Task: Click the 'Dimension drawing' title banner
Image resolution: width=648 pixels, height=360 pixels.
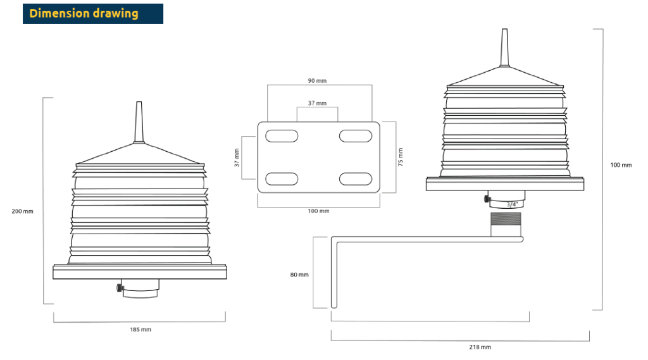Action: pos(93,14)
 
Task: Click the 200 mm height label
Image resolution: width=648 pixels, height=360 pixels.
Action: pos(22,211)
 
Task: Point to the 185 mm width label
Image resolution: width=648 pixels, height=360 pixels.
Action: pos(140,330)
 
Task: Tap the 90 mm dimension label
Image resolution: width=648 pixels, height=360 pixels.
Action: pos(317,80)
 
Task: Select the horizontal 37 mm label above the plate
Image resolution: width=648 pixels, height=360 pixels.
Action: pos(317,103)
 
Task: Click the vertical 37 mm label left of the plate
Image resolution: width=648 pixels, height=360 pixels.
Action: pos(237,158)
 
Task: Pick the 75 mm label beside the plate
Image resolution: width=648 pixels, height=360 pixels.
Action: pos(400,157)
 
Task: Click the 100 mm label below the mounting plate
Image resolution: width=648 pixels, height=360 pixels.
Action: pos(319,211)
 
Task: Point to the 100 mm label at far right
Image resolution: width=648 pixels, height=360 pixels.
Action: pos(621,165)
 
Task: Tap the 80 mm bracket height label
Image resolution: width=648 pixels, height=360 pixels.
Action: pos(299,275)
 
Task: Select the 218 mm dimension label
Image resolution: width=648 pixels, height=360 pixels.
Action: pos(480,347)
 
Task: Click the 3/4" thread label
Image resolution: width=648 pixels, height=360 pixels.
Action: pos(512,204)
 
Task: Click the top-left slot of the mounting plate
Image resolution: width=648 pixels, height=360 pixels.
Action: pos(282,136)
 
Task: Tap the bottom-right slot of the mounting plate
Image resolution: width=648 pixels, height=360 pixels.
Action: pos(356,179)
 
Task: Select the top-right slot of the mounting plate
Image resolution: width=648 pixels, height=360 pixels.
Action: pos(356,136)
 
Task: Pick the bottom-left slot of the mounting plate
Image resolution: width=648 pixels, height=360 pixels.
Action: pos(282,179)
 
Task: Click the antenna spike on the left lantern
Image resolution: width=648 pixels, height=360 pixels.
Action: pos(139,122)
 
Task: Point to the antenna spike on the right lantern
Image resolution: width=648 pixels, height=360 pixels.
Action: pos(504,47)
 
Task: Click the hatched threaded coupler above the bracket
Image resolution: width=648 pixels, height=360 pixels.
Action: pos(506,219)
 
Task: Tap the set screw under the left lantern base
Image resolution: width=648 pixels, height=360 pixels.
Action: pos(120,288)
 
